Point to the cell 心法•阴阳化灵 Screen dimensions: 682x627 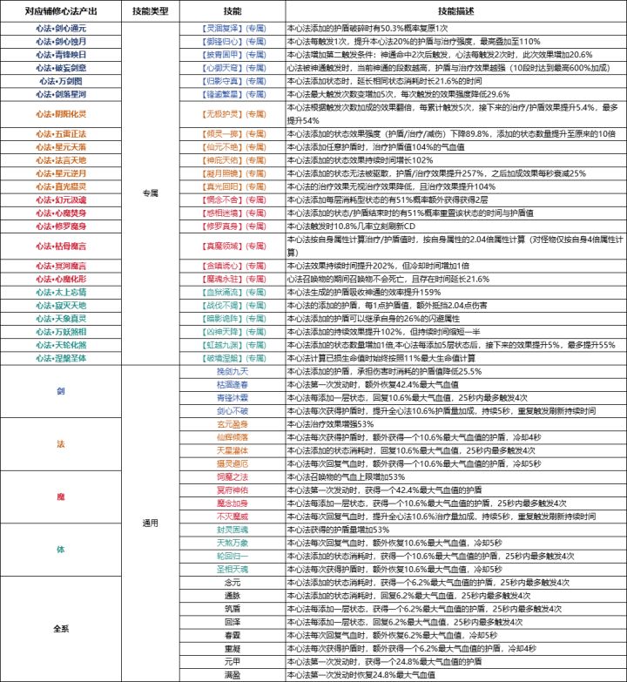click(61, 113)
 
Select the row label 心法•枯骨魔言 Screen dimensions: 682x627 click(61, 245)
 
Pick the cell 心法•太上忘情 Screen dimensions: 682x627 click(61, 292)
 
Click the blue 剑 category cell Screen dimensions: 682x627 click(61, 390)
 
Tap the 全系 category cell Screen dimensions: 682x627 click(61, 628)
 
